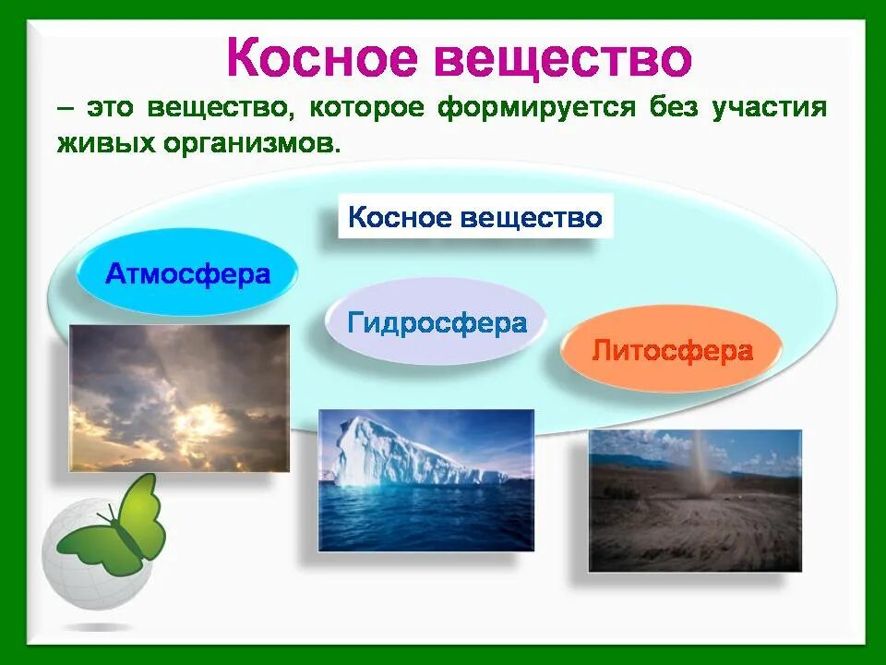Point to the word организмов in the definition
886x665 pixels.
[253, 144]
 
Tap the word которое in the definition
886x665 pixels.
[366, 107]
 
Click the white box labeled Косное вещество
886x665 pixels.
[475, 216]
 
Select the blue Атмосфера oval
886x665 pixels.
[187, 272]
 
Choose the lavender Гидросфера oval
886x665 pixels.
[436, 321]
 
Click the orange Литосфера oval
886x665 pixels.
[672, 349]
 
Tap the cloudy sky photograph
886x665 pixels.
[179, 398]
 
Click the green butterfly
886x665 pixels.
[113, 526]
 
